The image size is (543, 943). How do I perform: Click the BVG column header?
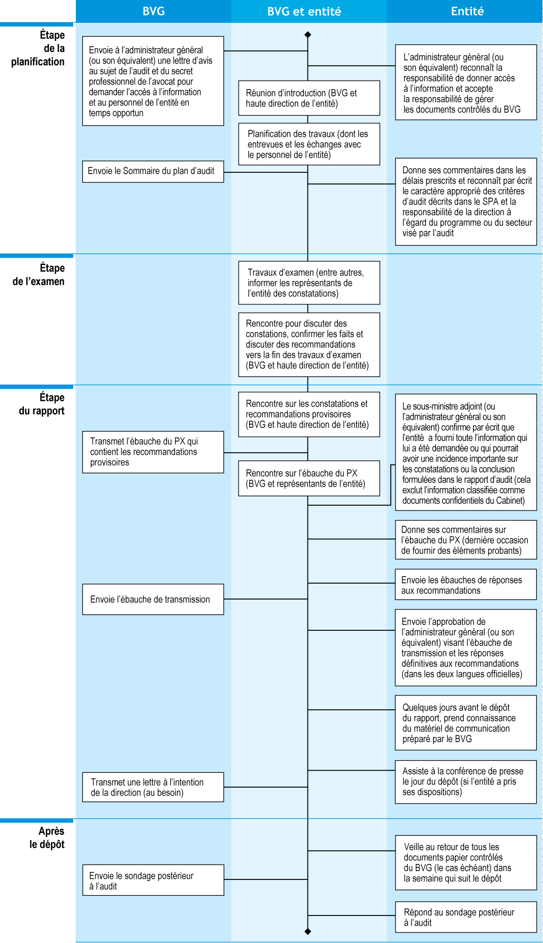[x=153, y=11]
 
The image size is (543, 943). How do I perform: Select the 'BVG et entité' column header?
[x=304, y=11]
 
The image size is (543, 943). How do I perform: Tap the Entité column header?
[x=467, y=11]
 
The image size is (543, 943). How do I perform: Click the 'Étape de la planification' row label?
[x=38, y=48]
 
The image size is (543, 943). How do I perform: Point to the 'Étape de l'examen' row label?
[x=38, y=275]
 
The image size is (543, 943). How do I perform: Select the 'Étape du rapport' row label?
[x=41, y=404]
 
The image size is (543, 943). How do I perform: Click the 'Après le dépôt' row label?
[x=47, y=838]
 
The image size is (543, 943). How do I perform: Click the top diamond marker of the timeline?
[x=308, y=34]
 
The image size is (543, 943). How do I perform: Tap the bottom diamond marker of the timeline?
[x=308, y=931]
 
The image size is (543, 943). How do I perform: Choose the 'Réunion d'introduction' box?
[x=309, y=98]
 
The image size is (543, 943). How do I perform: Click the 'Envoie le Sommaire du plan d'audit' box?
[x=153, y=171]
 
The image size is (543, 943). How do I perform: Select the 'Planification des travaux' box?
[x=309, y=144]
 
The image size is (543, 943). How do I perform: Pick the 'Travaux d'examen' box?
[x=309, y=283]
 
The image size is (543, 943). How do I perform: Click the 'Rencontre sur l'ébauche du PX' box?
[x=309, y=478]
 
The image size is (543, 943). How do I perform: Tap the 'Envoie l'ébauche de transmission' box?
[x=153, y=599]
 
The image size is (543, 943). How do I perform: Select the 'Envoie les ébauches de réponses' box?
[x=466, y=585]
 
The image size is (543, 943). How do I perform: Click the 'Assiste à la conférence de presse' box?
[x=466, y=782]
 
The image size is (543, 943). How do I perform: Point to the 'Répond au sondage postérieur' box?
[x=466, y=917]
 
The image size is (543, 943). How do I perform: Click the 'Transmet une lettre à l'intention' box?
[x=153, y=787]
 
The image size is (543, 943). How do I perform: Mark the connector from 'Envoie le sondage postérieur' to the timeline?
[x=265, y=879]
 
